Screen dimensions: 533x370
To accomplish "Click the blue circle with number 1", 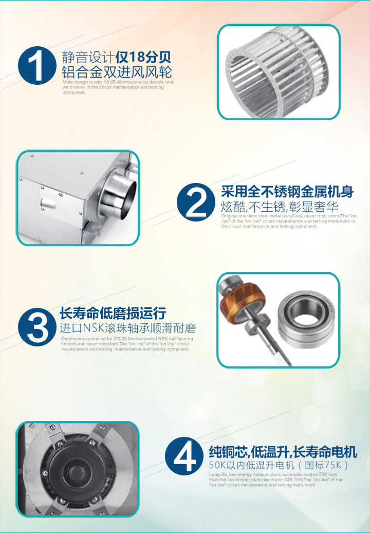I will (36, 66).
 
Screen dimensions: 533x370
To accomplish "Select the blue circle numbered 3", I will (36, 328).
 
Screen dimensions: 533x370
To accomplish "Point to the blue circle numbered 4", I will (183, 456).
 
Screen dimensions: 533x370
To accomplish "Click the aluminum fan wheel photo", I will (279, 72).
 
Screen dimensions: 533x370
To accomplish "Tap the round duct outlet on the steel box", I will (120, 197).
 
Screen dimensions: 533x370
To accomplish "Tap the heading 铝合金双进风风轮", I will (117, 71).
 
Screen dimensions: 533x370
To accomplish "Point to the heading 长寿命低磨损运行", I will (113, 313).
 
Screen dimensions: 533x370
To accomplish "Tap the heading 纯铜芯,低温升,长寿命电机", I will (283, 452).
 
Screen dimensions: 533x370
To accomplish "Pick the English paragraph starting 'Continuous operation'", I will (125, 344).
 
